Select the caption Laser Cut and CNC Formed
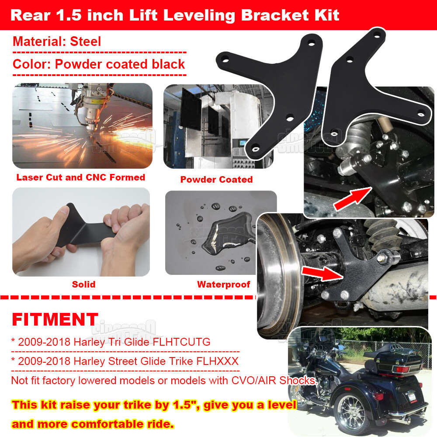pyautogui.click(x=81, y=177)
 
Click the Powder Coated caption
pyautogui.click(x=216, y=180)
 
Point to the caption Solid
pyautogui.click(x=83, y=284)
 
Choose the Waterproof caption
pyautogui.click(x=223, y=284)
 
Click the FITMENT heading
pyautogui.click(x=55, y=319)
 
